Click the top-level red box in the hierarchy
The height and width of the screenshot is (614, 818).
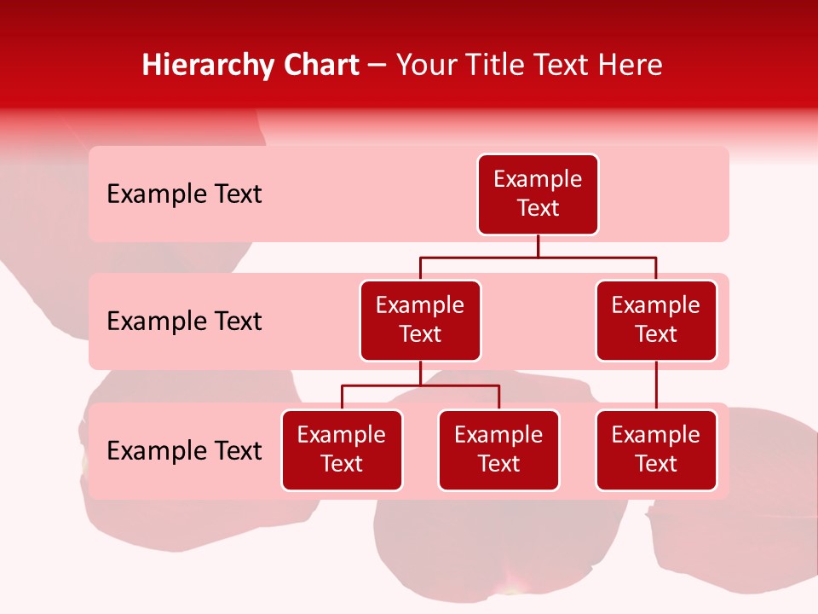pyautogui.click(x=538, y=194)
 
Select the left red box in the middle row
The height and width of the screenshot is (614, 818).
pyautogui.click(x=420, y=321)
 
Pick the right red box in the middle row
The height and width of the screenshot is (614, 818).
pyautogui.click(x=656, y=321)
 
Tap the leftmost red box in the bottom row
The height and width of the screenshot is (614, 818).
pyautogui.click(x=342, y=450)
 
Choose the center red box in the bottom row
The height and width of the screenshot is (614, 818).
pyautogui.click(x=498, y=450)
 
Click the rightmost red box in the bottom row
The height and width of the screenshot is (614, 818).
pyautogui.click(x=656, y=450)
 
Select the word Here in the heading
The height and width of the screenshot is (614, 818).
pyautogui.click(x=631, y=66)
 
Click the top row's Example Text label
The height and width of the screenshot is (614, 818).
pyautogui.click(x=184, y=194)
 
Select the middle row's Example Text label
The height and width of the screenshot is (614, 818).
pyautogui.click(x=184, y=321)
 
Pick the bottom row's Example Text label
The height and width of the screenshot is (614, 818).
pyautogui.click(x=184, y=450)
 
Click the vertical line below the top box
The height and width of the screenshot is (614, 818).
pyautogui.click(x=538, y=246)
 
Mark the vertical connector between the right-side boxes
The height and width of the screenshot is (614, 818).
pyautogui.click(x=656, y=385)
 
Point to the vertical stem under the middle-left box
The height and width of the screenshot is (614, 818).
pyautogui.click(x=420, y=374)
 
